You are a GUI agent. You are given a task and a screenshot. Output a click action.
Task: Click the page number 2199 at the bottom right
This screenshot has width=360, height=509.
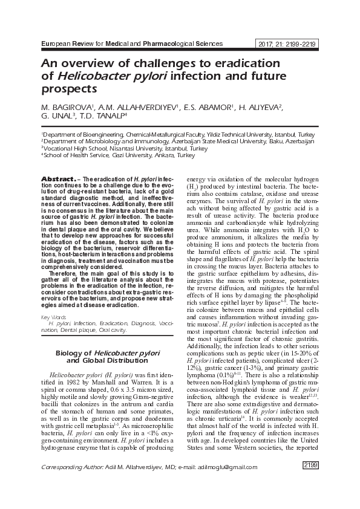pos(310,481)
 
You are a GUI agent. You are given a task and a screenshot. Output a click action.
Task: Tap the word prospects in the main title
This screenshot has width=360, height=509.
pos(68,89)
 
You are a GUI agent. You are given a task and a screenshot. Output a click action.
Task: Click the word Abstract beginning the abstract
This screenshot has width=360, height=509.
pos(57,180)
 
